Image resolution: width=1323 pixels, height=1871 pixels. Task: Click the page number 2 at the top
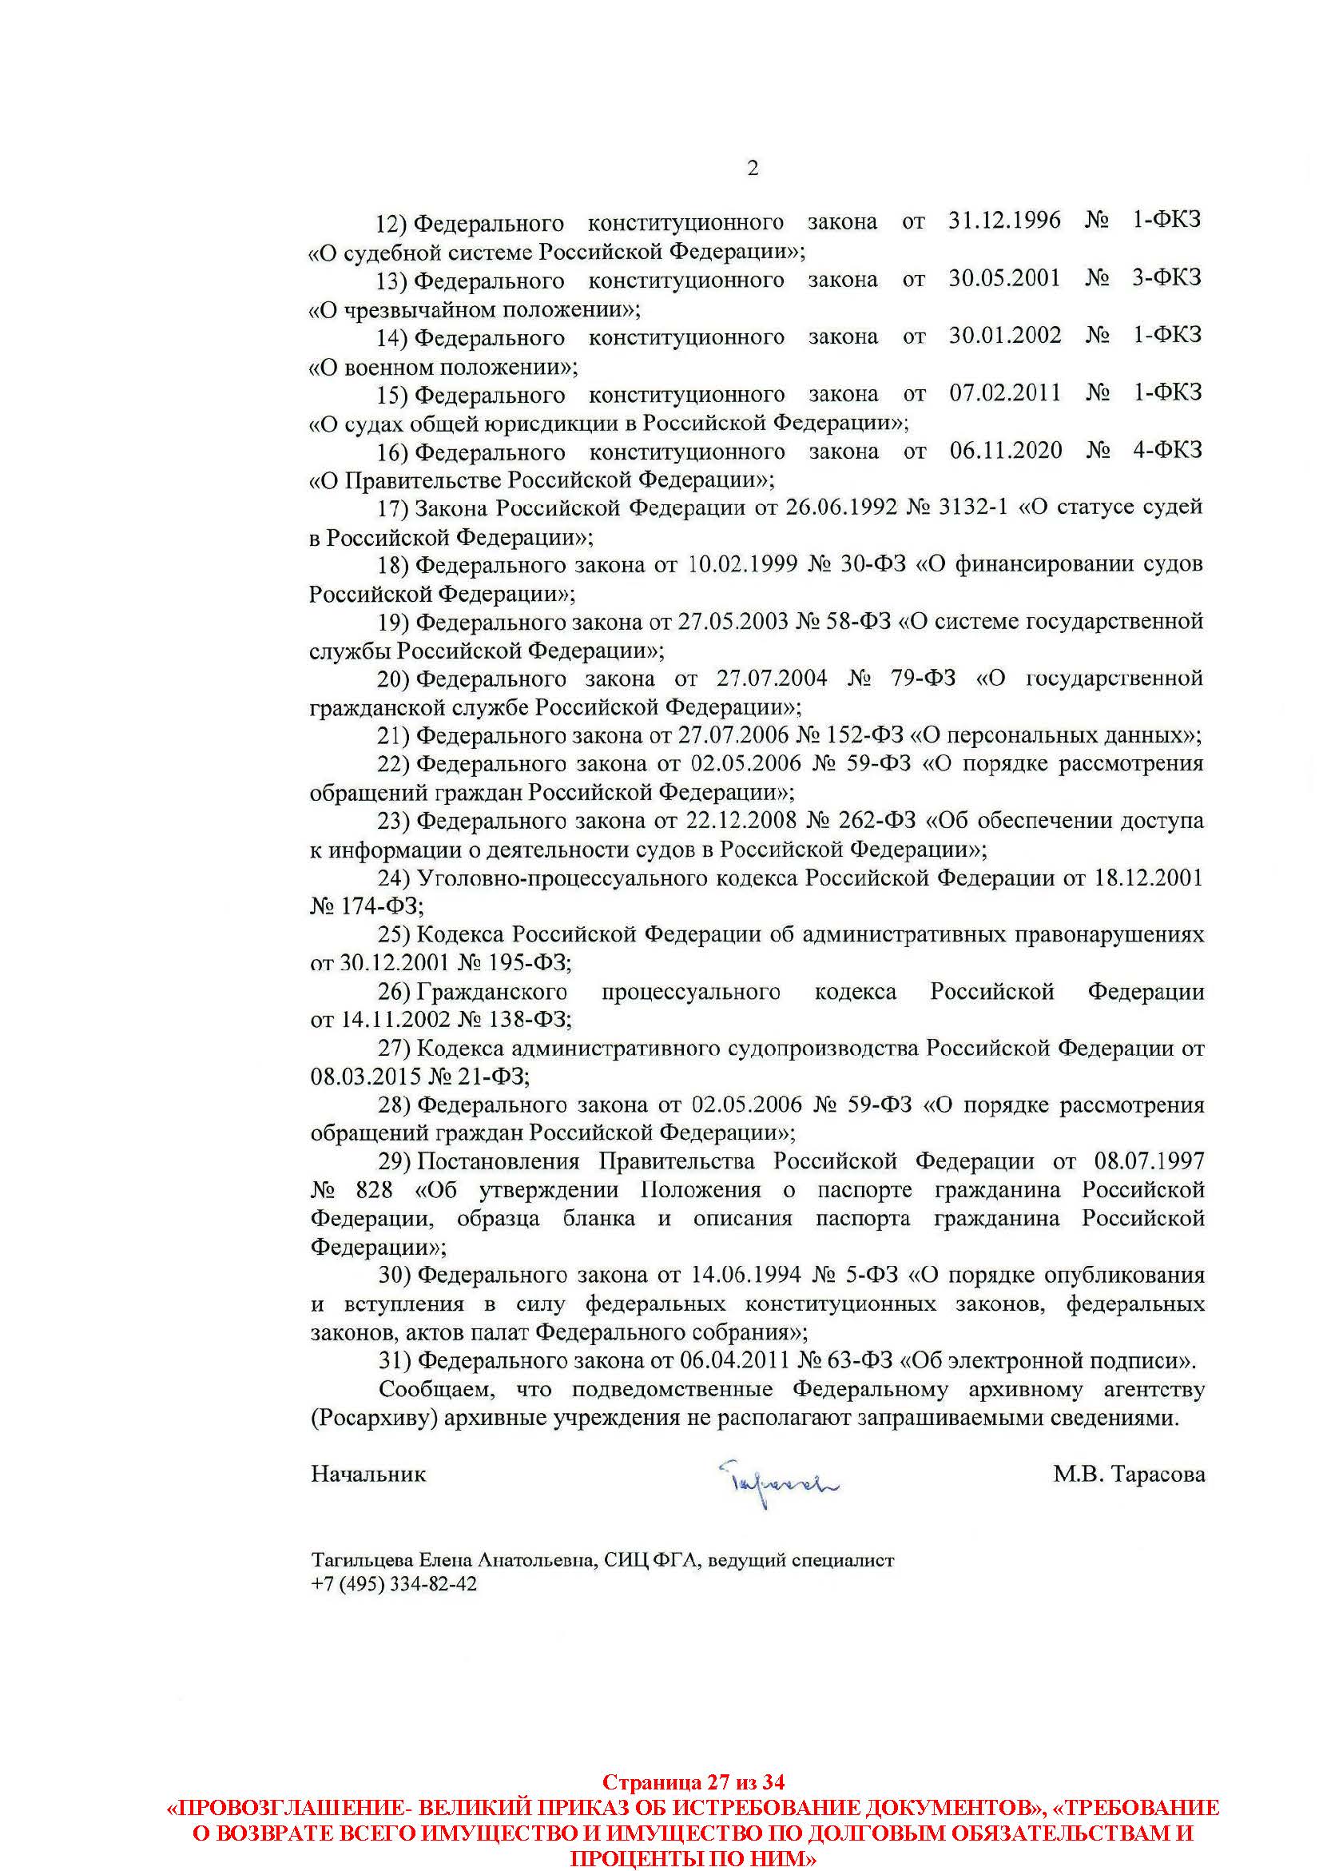(x=752, y=169)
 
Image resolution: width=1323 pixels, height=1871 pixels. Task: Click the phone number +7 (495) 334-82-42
(x=394, y=1584)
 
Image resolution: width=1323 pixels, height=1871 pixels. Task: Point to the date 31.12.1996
(x=1004, y=221)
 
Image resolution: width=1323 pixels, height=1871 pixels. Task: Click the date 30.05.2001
(x=1004, y=279)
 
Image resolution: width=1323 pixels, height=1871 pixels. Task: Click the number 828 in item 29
(x=374, y=1191)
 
